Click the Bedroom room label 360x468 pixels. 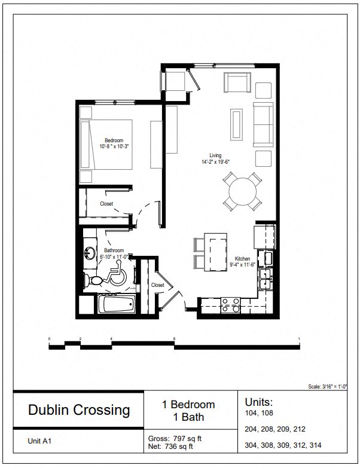point(114,140)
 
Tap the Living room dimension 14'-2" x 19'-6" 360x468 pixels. point(215,162)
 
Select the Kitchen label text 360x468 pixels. point(242,259)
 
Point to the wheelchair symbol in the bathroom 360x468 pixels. point(115,274)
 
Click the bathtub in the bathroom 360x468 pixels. point(117,304)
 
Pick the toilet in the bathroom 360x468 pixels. point(93,280)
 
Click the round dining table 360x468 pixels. point(242,191)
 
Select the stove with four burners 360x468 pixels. point(230,305)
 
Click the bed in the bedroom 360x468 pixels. point(106,145)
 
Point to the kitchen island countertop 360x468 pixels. point(215,252)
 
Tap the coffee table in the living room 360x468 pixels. point(236,124)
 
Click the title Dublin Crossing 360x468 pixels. point(79,410)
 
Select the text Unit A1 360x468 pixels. point(39,441)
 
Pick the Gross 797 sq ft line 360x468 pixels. point(175,439)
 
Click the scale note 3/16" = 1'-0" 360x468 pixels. point(328,386)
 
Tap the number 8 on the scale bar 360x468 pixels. point(175,339)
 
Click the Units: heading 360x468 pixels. point(259,402)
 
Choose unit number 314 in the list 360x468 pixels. point(315,445)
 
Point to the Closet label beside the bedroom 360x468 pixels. point(106,204)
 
